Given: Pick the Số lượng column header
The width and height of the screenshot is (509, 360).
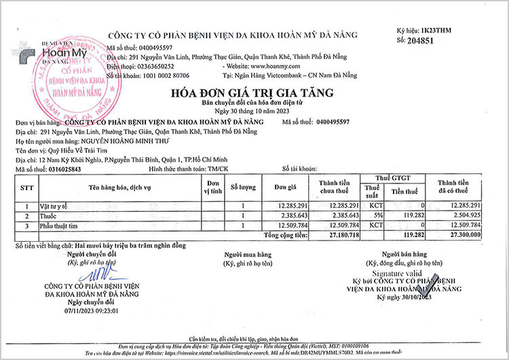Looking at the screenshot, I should pos(242,186).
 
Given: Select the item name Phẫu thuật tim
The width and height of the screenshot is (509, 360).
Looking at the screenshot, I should pos(63,225).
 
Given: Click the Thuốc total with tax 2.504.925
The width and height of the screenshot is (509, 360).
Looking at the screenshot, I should pos(464,215).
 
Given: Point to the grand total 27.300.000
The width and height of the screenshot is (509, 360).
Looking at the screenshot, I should pos(462,234).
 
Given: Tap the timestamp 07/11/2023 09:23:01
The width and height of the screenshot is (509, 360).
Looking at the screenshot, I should pos(92,310).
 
